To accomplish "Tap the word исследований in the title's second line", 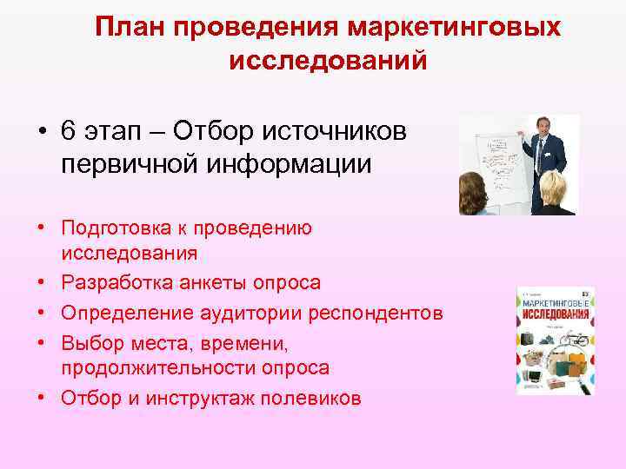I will [328, 62].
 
